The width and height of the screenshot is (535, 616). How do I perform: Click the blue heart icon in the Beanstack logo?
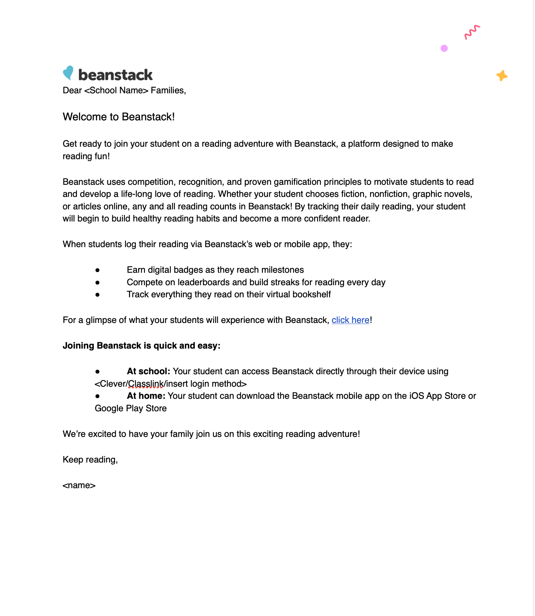coord(68,73)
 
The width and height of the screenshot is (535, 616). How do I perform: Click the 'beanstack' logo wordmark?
coord(115,75)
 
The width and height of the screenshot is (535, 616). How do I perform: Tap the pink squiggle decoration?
coord(472,32)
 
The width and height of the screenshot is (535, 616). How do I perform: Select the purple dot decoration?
coord(444,48)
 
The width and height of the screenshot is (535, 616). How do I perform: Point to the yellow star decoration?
coord(502,75)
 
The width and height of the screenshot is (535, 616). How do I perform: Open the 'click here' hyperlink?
coord(350,320)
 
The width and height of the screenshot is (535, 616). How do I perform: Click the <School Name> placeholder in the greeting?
coord(116,90)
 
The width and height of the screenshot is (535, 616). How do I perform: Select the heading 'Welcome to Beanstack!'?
coord(119,117)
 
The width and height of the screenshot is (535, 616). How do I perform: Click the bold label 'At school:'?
coord(149,371)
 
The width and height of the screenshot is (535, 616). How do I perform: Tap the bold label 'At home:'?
coord(146,396)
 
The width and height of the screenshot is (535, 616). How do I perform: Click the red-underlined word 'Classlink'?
coord(146,384)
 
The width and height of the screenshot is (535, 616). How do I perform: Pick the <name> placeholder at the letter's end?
coord(79,486)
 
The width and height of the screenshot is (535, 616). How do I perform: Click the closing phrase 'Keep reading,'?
coord(90,460)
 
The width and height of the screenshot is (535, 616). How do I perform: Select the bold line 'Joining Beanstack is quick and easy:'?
coord(141,346)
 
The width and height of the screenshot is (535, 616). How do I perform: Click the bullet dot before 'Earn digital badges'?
coord(97,270)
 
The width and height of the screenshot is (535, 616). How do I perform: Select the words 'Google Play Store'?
coord(131,408)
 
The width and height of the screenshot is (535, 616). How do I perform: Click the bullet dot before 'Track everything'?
coord(97,295)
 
